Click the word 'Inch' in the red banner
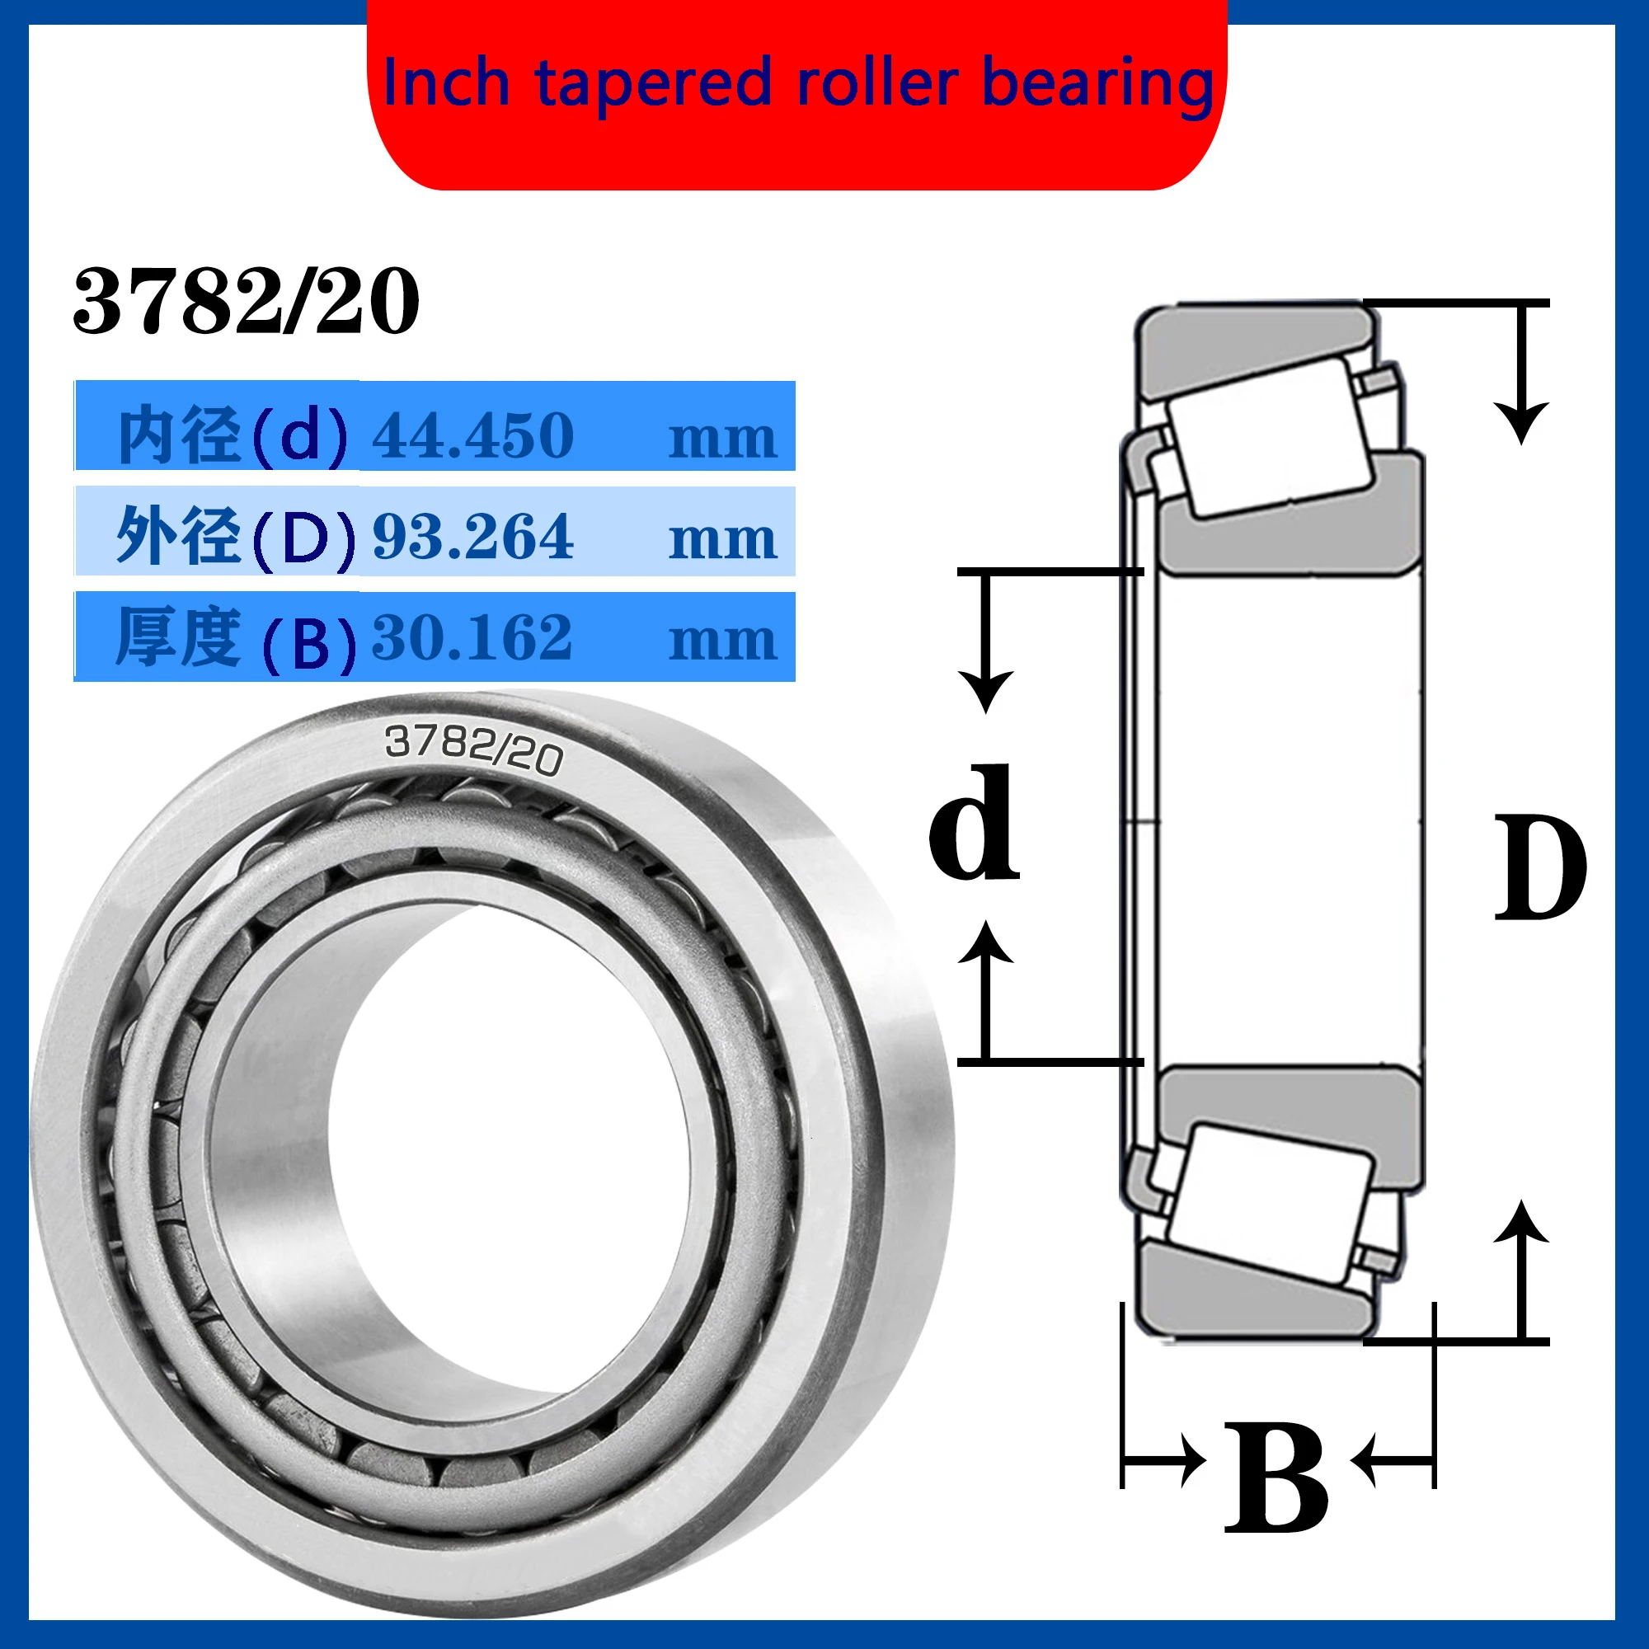point(445,83)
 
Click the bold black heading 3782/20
point(246,300)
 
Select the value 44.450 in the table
point(472,435)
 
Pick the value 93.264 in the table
point(472,537)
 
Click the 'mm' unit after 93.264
point(722,539)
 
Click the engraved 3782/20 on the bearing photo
point(474,749)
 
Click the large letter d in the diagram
point(974,824)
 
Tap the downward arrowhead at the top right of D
point(1521,422)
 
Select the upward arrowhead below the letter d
point(986,942)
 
